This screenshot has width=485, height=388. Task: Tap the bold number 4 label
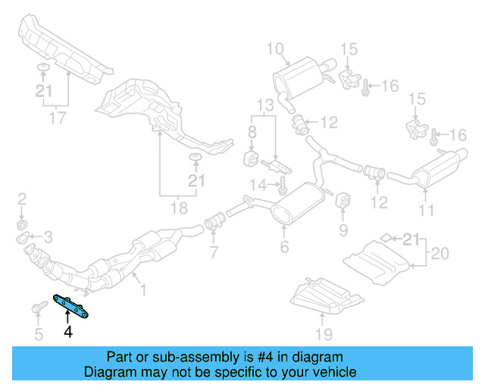click(x=68, y=332)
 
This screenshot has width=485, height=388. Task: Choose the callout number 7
click(x=214, y=252)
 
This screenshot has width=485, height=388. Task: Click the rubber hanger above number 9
click(x=342, y=200)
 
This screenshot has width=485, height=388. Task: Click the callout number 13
click(x=262, y=104)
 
